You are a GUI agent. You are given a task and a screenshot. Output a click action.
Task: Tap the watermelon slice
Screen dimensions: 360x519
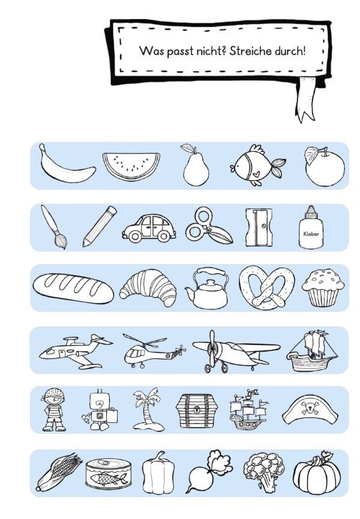coord(131,166)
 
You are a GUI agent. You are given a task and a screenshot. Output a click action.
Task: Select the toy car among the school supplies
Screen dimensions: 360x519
coord(149,228)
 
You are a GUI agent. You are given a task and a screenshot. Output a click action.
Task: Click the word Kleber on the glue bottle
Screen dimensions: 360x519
coord(311,233)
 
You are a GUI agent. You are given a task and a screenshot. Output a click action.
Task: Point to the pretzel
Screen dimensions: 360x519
coord(266,287)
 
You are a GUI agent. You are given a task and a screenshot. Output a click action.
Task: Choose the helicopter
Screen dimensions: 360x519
coord(154,352)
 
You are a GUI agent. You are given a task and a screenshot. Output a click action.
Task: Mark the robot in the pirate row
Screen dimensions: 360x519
coord(98,410)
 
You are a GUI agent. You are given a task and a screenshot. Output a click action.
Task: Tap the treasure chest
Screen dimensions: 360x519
coord(196,410)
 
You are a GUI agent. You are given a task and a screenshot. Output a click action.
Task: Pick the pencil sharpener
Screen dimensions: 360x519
coord(259,227)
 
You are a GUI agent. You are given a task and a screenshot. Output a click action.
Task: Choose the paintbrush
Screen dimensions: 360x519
coord(53,227)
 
